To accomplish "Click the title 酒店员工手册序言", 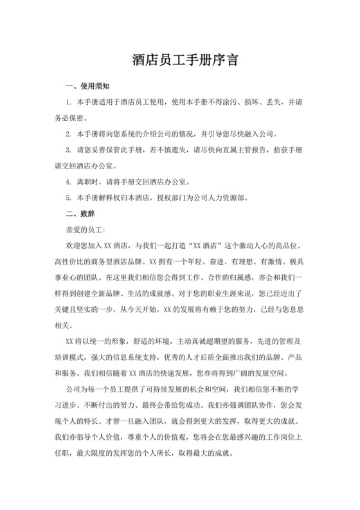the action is (179, 61).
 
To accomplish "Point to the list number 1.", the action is (68, 102).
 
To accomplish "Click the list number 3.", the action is (68, 150).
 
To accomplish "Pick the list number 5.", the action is (68, 197).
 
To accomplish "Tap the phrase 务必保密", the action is (72, 118).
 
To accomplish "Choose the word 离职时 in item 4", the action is (87, 181).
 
